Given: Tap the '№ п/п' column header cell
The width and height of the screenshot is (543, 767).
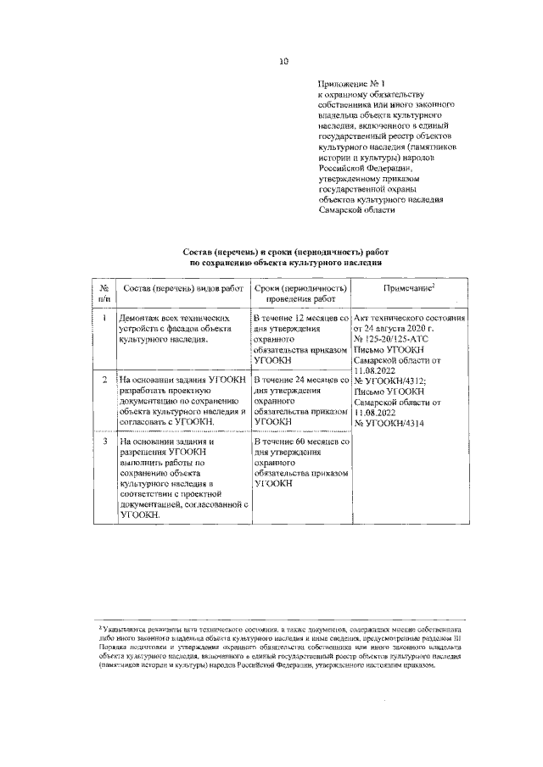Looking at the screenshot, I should pos(104,293).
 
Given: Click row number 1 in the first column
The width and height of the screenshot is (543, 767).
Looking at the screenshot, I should pos(104,317).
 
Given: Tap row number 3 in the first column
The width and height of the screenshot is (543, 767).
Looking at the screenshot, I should pos(104,442).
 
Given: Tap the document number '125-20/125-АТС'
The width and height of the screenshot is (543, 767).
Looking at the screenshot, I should pos(408,337).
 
